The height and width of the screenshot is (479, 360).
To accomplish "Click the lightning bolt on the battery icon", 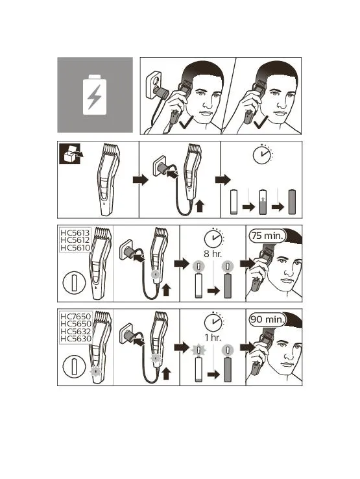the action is pyautogui.click(x=94, y=97).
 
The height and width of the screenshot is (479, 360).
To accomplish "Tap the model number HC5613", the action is pyautogui.click(x=75, y=233).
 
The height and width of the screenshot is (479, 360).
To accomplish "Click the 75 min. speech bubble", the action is pyautogui.click(x=267, y=236).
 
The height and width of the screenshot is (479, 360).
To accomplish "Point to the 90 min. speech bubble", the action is pyautogui.click(x=267, y=319).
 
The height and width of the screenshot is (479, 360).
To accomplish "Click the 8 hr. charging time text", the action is pyautogui.click(x=213, y=254).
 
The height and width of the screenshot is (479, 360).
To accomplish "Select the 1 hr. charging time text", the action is pyautogui.click(x=213, y=338).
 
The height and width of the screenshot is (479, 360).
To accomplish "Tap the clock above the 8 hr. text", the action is pyautogui.click(x=213, y=238).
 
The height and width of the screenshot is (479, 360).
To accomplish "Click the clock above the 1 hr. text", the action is pyautogui.click(x=213, y=322).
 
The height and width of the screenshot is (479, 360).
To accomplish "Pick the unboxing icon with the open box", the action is pyautogui.click(x=71, y=153).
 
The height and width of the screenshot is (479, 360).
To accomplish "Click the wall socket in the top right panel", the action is pyautogui.click(x=154, y=85).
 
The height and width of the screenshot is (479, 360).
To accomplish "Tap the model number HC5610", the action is pyautogui.click(x=75, y=247).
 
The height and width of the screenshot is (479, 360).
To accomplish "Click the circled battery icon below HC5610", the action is pyautogui.click(x=74, y=283).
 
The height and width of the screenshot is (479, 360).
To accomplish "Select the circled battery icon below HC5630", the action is pyautogui.click(x=74, y=367).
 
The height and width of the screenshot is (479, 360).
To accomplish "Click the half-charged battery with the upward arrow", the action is pyautogui.click(x=263, y=202).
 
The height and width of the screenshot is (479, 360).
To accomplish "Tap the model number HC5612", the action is pyautogui.click(x=75, y=240).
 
